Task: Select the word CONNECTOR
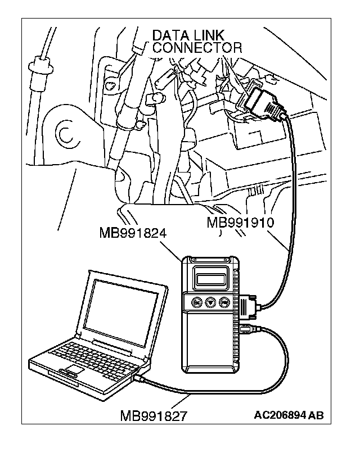(197, 48)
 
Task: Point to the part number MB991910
(240, 222)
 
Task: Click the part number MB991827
(154, 416)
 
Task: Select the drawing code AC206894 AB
(289, 415)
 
